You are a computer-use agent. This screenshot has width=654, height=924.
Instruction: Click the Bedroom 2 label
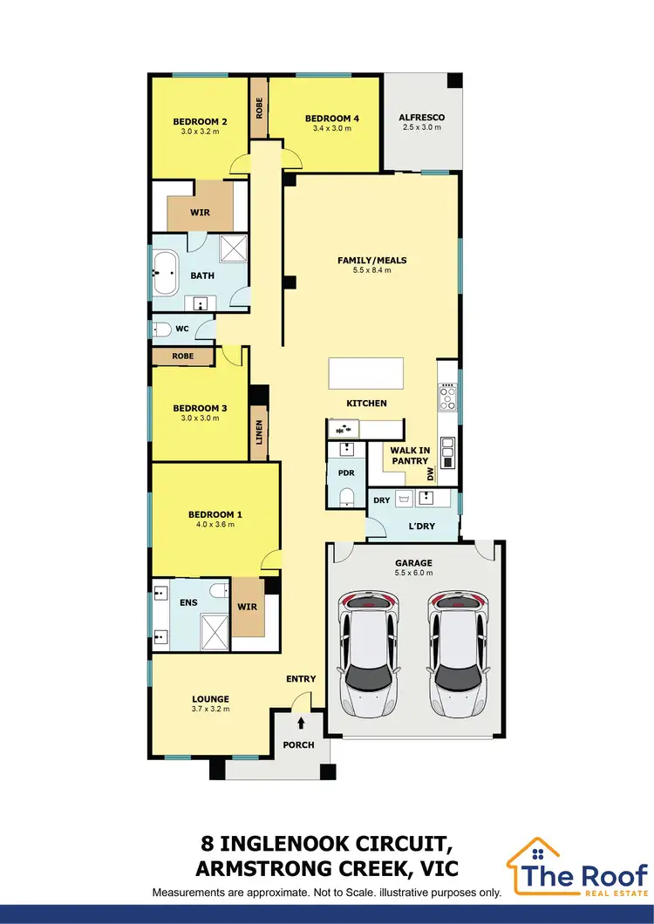pyautogui.click(x=200, y=122)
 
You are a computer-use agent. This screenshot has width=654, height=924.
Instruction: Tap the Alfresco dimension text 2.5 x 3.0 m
pyautogui.click(x=422, y=127)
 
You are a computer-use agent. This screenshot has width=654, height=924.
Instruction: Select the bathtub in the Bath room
pyautogui.click(x=166, y=274)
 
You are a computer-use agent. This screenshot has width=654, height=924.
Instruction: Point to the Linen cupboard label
pyautogui.click(x=259, y=432)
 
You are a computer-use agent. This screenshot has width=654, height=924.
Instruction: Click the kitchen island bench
pyautogui.click(x=365, y=374)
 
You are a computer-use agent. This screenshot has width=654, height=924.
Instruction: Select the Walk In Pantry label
pyautogui.click(x=409, y=455)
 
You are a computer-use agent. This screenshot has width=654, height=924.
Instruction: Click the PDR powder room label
pyautogui.click(x=345, y=472)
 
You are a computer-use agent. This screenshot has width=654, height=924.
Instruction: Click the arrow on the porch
pyautogui.click(x=302, y=722)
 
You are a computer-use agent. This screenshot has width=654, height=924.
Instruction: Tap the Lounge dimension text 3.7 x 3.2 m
pyautogui.click(x=211, y=709)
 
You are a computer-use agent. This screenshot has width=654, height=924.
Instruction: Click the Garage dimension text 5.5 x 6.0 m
pyautogui.click(x=413, y=574)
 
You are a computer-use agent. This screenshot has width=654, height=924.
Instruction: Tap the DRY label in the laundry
pyautogui.click(x=382, y=500)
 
